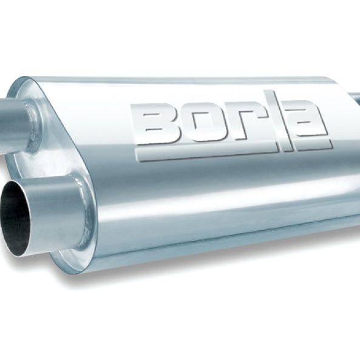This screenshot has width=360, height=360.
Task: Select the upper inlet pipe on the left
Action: pos(15,118)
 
